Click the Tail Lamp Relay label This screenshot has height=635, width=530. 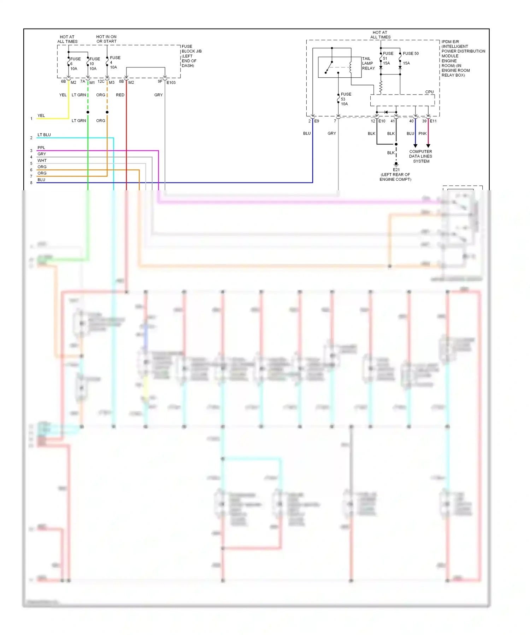point(368,64)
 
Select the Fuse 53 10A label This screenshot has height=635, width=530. point(346,99)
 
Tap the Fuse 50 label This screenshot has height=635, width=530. point(411,54)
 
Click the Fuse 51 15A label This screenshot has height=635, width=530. point(388,58)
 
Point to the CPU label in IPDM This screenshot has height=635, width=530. point(429,92)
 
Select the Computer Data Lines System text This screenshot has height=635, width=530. point(420,156)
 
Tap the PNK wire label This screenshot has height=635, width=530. point(423,133)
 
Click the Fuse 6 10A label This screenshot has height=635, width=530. point(75,64)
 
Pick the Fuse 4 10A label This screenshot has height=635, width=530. point(114,62)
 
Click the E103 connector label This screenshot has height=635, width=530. point(171,83)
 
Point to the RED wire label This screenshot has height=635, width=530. point(120,95)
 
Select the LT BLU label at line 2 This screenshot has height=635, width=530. point(44,135)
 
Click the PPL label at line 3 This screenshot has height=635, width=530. point(41,148)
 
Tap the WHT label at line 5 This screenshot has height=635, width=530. point(42,161)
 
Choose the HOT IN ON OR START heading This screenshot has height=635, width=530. point(106,39)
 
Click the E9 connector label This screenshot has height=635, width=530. point(317,121)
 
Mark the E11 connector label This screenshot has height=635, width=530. point(433,121)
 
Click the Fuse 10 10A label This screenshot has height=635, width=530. point(94,64)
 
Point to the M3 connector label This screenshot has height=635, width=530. point(112,83)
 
